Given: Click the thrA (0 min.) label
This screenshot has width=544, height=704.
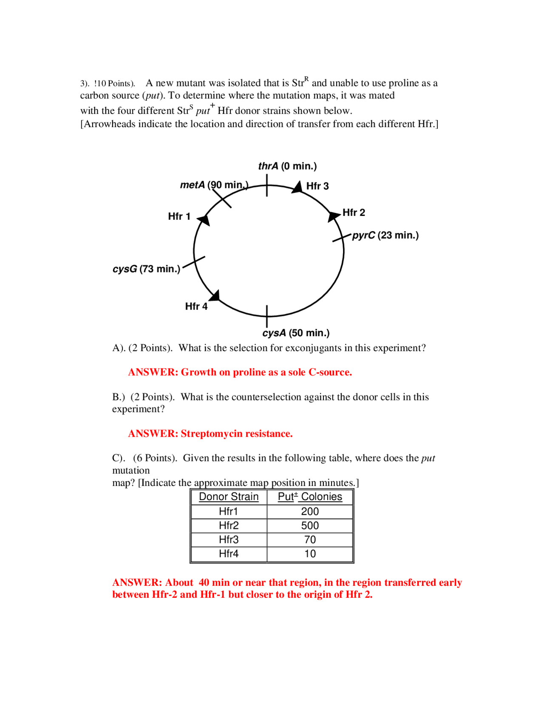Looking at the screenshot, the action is tap(287, 166).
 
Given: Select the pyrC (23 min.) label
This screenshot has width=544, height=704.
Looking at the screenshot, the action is tap(385, 235).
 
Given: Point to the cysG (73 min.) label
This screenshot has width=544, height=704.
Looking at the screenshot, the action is tap(146, 269).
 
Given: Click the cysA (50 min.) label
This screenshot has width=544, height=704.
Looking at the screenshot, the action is tap(296, 333).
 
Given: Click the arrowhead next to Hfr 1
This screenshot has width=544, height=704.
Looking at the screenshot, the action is tap(204, 220).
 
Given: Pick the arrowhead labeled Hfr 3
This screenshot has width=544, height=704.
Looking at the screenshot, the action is tap(297, 187).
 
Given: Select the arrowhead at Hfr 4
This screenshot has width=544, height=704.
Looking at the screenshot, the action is tap(215, 295).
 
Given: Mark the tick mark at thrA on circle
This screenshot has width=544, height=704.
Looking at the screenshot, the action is tap(267, 185).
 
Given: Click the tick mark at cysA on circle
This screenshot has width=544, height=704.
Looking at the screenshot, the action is tap(267, 316).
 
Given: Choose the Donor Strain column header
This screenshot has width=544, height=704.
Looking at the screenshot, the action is tap(229, 497).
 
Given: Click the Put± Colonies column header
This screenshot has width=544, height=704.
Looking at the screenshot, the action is tap(310, 497).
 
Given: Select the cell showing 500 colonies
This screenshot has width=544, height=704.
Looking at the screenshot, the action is tap(310, 525).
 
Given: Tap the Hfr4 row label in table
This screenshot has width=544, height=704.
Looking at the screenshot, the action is tap(229, 554).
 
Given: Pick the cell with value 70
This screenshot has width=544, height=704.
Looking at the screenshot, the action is tap(310, 539).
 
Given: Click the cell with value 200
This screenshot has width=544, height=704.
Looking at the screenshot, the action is tap(310, 511).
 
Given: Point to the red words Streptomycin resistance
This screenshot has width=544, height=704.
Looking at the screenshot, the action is tap(237, 434).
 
